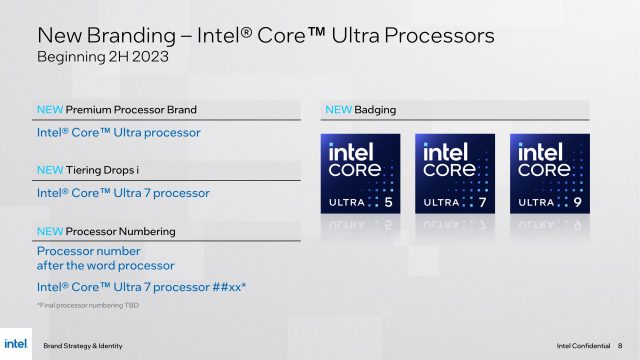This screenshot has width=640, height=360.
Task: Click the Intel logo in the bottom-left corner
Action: click(x=16, y=342)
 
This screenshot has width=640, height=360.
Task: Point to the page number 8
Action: click(x=620, y=344)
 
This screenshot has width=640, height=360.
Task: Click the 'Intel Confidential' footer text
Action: click(x=583, y=344)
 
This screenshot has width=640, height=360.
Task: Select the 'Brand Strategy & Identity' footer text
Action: click(x=85, y=344)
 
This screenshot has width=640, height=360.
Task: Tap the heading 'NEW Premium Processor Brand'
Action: click(x=116, y=109)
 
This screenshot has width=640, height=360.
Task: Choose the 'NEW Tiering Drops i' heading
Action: click(x=96, y=170)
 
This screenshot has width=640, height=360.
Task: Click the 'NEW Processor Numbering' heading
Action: click(x=106, y=231)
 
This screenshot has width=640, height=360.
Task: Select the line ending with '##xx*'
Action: click(x=141, y=288)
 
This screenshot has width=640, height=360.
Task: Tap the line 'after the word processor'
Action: click(x=105, y=266)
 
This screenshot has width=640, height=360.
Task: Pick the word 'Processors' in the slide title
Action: click(x=438, y=35)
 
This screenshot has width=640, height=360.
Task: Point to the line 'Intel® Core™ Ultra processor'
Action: click(x=119, y=132)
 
